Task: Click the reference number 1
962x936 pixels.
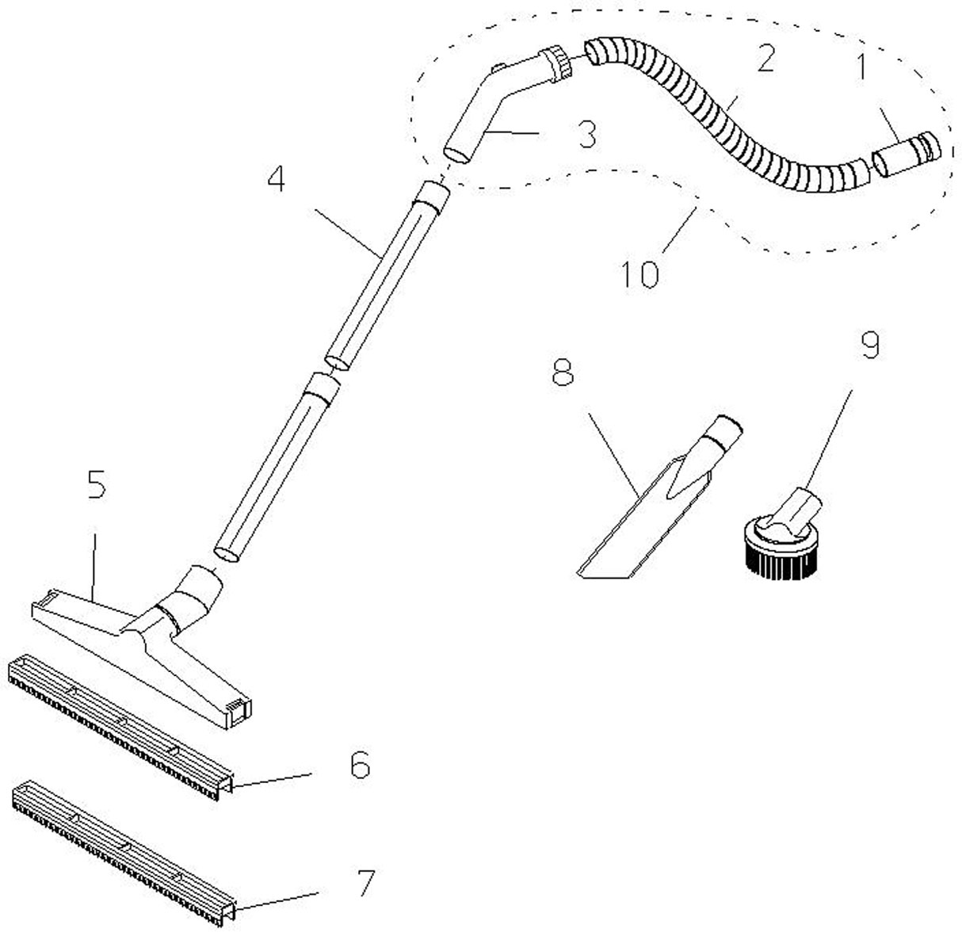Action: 861,67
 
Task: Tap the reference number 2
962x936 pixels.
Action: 765,59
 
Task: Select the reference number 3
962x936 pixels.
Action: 587,134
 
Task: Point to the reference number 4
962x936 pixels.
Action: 277,179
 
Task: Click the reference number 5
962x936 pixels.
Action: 97,485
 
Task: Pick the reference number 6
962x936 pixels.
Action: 360,764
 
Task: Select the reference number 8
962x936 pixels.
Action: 563,372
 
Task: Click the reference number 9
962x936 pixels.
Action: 870,345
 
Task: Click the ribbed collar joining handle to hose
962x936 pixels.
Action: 555,63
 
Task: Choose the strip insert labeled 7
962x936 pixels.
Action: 124,852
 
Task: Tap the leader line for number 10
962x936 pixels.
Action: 680,231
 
